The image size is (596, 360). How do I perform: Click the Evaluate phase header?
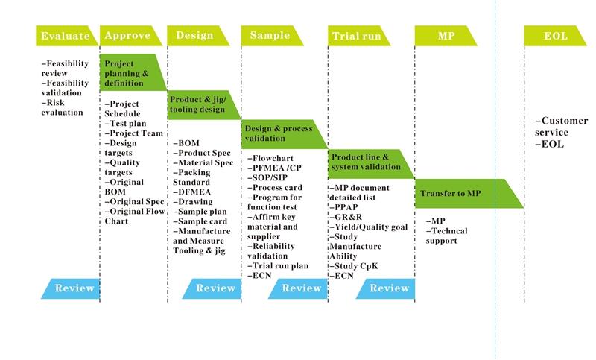coord(66,36)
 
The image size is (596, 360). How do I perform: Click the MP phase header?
coord(446,36)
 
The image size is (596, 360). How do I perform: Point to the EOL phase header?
coord(556,36)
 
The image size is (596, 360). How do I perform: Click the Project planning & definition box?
coord(130,73)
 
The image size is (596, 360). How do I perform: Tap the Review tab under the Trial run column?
coord(388,288)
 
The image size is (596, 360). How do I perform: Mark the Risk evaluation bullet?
coord(63,107)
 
